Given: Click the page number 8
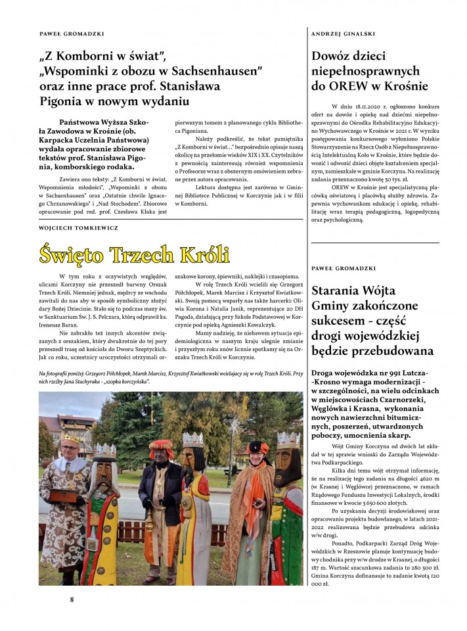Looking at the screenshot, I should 72,599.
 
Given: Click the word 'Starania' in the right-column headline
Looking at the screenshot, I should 342,291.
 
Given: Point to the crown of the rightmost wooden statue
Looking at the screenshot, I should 287,439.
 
